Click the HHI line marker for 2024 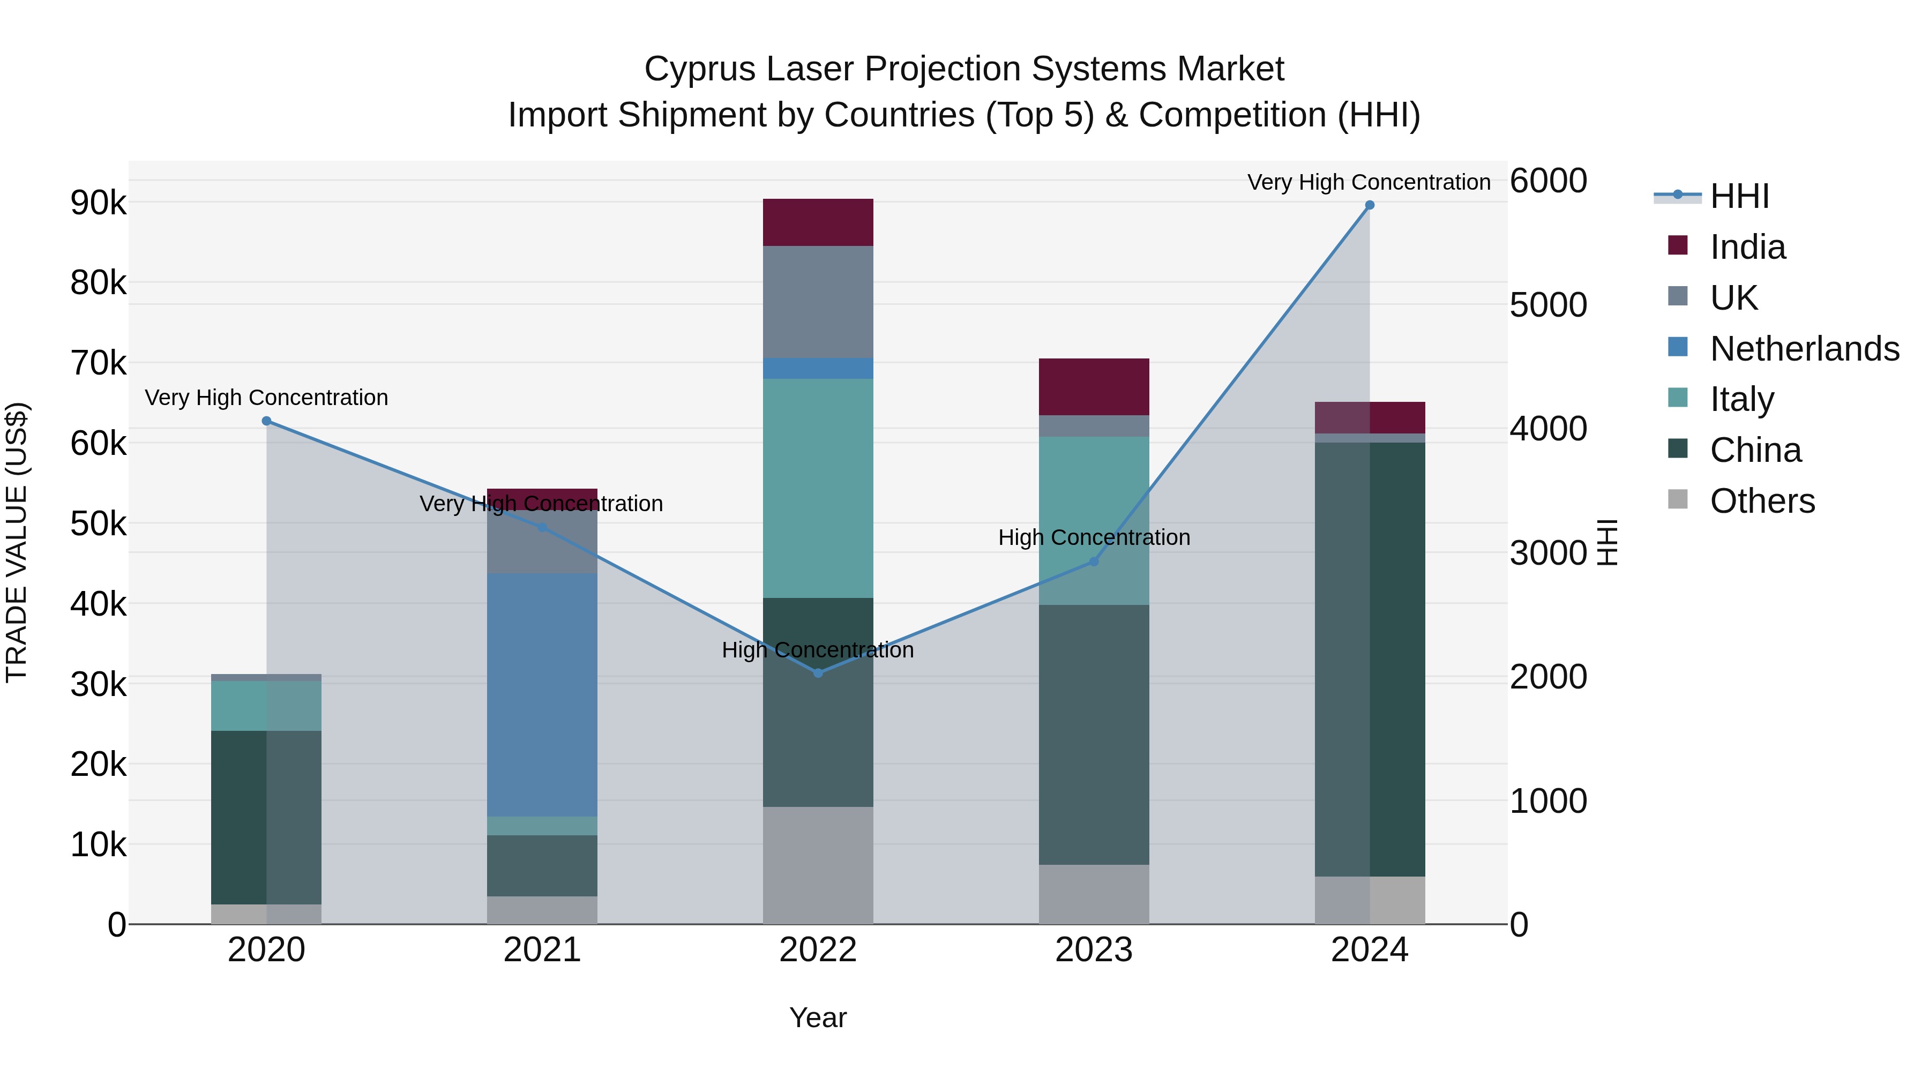point(1370,205)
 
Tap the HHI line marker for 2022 point(818,673)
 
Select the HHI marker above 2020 point(267,422)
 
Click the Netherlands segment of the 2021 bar point(542,695)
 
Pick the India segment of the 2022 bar point(818,222)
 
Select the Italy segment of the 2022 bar point(818,488)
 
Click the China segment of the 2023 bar point(1093,735)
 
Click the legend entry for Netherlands point(1805,349)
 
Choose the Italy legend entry point(1742,399)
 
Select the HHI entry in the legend point(1739,196)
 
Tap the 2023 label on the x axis point(1093,950)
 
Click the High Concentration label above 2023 point(1093,537)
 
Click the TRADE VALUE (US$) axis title point(17,542)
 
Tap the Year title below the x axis point(818,1017)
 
